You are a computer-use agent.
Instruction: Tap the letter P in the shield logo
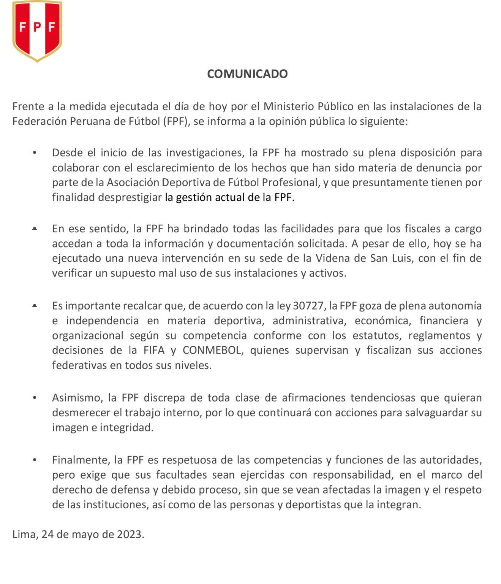(x=37, y=27)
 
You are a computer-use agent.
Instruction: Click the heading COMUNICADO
(x=247, y=74)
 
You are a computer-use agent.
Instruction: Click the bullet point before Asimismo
(x=35, y=398)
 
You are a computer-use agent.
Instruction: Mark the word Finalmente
(x=80, y=460)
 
